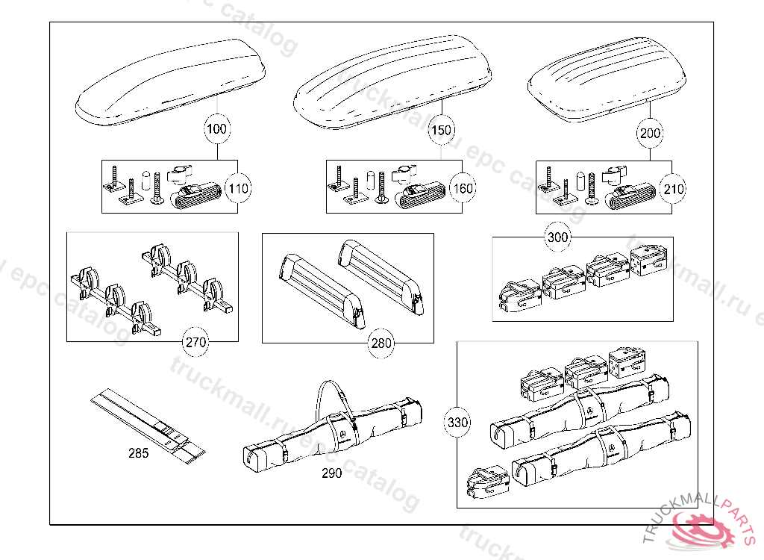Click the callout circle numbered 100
click(x=216, y=129)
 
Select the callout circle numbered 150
click(x=441, y=130)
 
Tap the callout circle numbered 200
click(x=650, y=134)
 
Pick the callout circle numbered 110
click(x=238, y=188)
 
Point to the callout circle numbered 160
click(x=463, y=188)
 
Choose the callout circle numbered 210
click(x=673, y=189)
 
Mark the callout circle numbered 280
click(x=381, y=343)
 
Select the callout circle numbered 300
click(x=557, y=238)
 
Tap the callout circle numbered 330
click(x=457, y=423)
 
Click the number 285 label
click(x=138, y=453)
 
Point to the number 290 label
click(x=332, y=473)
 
